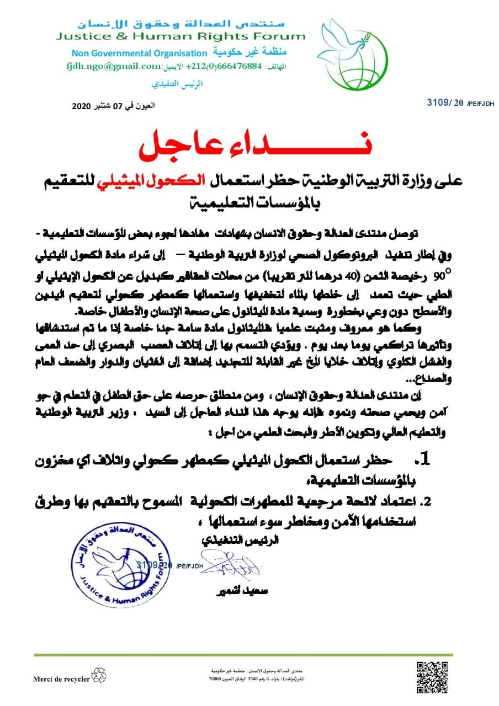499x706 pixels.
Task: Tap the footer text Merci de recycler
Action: point(61,679)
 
